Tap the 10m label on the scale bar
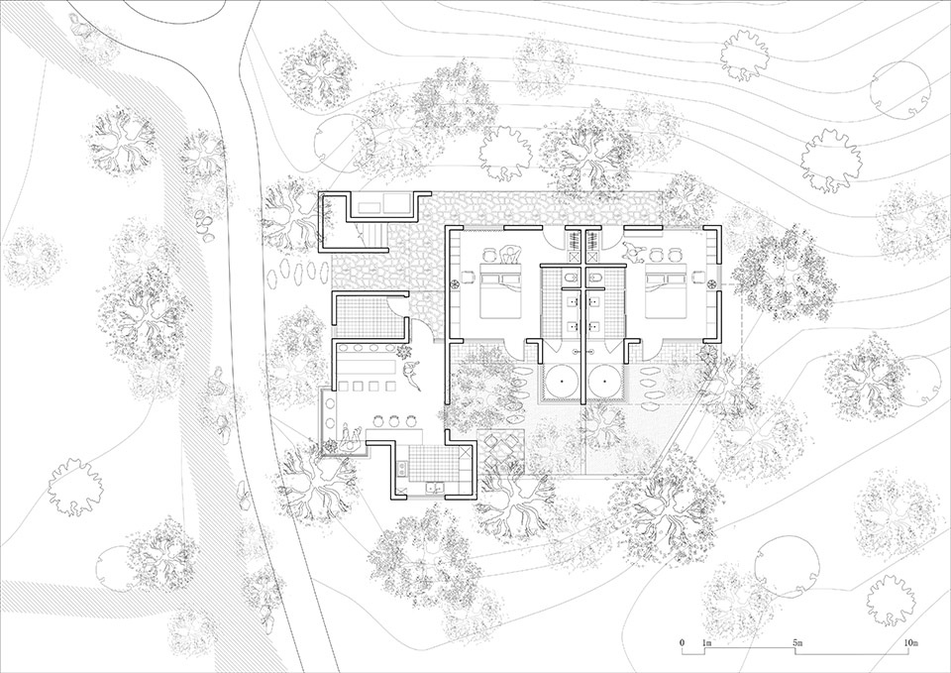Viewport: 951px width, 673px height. tap(911, 642)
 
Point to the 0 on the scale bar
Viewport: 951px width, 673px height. tap(683, 642)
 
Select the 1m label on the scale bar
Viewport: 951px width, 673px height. tap(706, 642)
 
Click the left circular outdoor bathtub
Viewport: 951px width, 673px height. tap(563, 381)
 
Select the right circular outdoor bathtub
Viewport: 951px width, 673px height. tap(605, 381)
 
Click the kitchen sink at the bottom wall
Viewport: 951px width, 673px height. tap(434, 487)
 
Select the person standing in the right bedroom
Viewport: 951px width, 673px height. tap(631, 250)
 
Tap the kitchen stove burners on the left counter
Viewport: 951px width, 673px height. tap(401, 467)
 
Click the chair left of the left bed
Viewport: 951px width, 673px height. tap(467, 278)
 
